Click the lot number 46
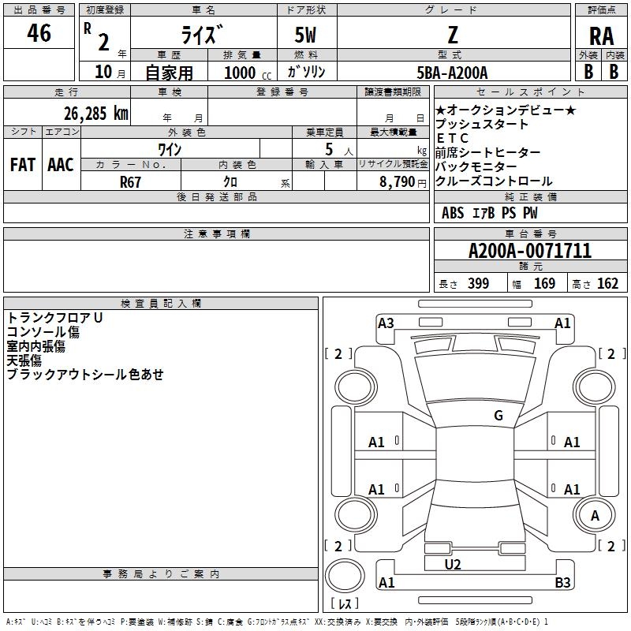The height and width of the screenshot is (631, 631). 39,33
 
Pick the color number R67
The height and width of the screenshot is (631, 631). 131,181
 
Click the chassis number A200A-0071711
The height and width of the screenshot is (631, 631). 529,251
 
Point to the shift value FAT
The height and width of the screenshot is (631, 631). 22,165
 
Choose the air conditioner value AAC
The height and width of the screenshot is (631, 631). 61,165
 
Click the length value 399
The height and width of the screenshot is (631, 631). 478,284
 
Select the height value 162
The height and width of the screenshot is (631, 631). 607,284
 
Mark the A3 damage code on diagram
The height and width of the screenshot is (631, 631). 386,323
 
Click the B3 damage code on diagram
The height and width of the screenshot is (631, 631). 562,583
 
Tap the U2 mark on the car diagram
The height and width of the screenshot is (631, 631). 453,565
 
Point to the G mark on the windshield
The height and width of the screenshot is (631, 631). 498,416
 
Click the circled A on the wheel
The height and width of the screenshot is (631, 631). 596,516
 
